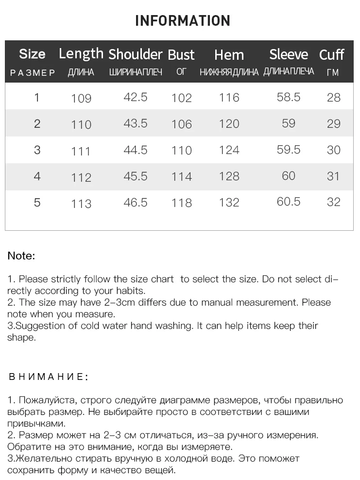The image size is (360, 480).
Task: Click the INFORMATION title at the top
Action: pos(182,21)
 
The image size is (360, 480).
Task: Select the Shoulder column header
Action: pos(135,54)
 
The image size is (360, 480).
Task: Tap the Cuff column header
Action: pos(332,54)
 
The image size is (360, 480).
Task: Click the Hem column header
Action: pos(229,54)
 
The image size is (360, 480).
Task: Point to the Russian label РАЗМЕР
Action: pos(33,73)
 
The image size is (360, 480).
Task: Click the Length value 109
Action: pos(81,99)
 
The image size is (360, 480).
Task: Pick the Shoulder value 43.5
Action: pos(136,123)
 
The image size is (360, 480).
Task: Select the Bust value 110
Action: pos(182,151)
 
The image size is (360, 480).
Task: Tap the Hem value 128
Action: pos(229,176)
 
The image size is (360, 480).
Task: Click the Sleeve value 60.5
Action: pos(289,202)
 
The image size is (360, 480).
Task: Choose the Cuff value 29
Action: pos(334,124)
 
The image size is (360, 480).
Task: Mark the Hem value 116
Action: pos(229,98)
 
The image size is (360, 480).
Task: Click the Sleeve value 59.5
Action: pos(289,150)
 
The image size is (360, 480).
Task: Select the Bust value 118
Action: pos(182,203)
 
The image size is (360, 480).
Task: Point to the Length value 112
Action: pos(81,178)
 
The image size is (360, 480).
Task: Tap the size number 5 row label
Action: pos(37,202)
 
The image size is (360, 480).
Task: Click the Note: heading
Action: pos(21,256)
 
